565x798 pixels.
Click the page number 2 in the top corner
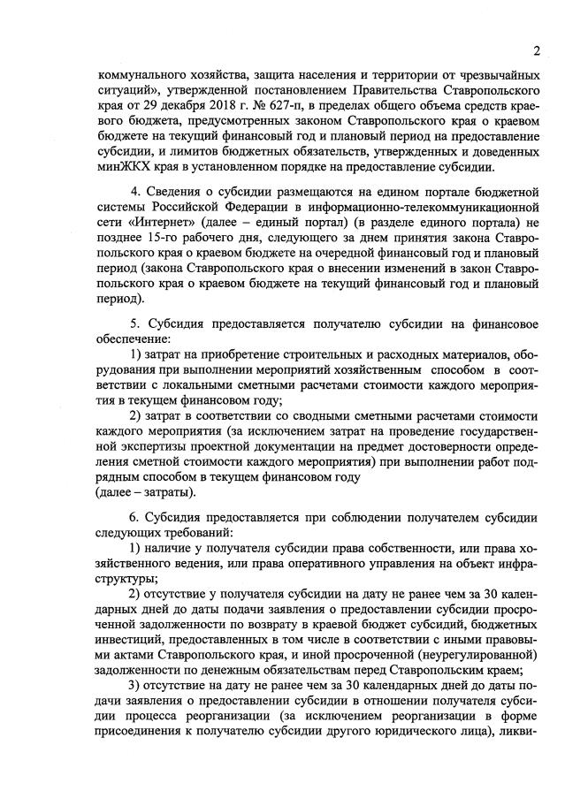[536, 49]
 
